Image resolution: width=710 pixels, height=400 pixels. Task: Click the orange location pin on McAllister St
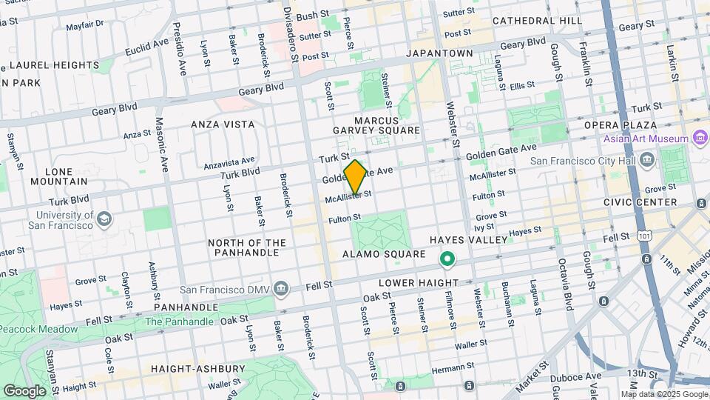pyautogui.click(x=356, y=176)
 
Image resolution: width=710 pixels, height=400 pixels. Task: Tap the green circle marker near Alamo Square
pyautogui.click(x=447, y=260)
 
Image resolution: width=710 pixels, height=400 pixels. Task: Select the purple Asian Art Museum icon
pyautogui.click(x=700, y=139)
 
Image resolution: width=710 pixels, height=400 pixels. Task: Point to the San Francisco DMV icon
pyautogui.click(x=281, y=287)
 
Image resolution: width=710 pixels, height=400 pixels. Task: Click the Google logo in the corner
pyautogui.click(x=24, y=390)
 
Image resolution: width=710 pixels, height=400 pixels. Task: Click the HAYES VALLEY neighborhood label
pyautogui.click(x=469, y=240)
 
